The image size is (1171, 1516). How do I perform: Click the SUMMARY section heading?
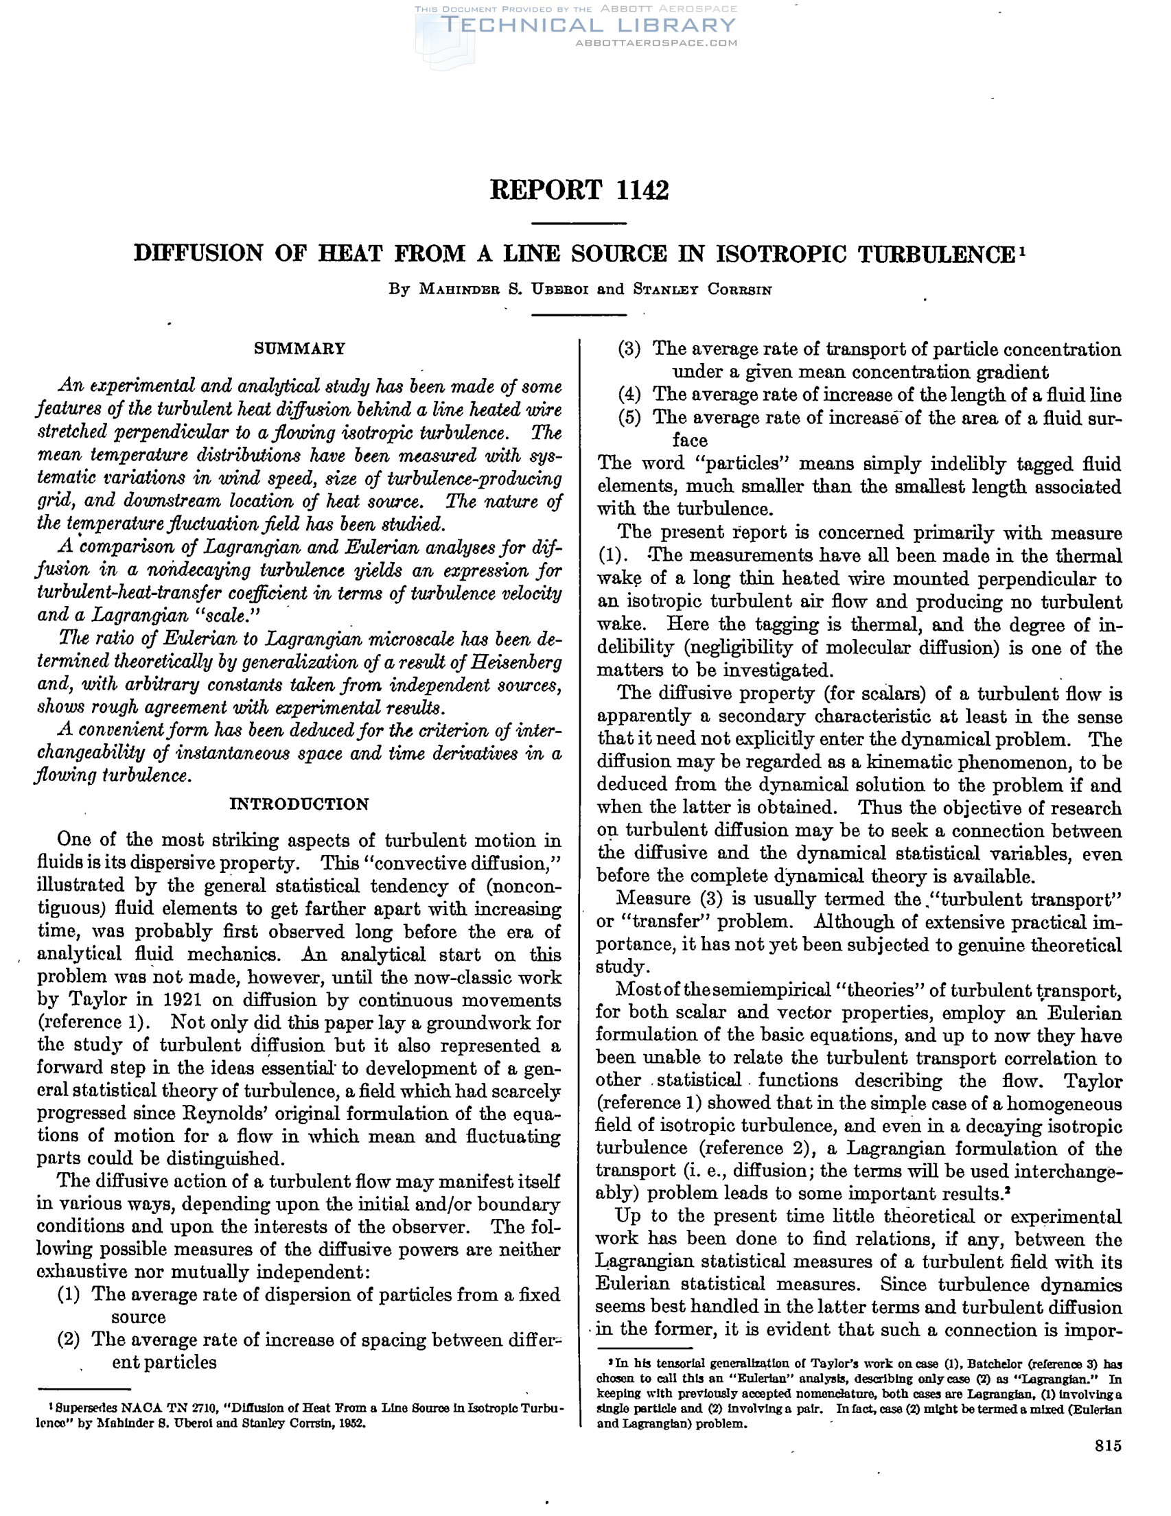(x=299, y=349)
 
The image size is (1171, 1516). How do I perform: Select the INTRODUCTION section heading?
(x=299, y=804)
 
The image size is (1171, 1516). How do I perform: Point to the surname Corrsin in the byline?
(x=739, y=290)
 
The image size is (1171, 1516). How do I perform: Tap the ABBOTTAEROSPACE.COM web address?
(x=656, y=43)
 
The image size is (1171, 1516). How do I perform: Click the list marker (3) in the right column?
(x=629, y=349)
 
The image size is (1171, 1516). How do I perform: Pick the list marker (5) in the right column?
(x=629, y=417)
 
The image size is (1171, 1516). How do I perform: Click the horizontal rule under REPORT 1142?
(x=579, y=224)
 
